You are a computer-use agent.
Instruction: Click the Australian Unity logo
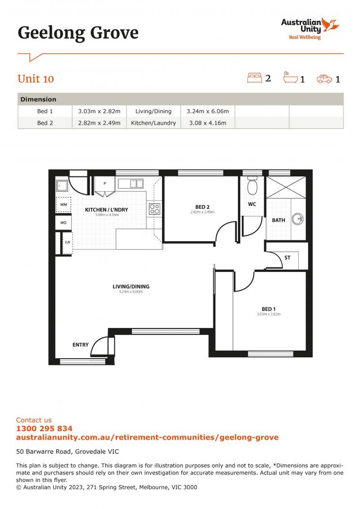pos(310,28)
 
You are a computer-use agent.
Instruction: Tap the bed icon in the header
pos(254,78)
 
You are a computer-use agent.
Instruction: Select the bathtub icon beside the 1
pos(290,78)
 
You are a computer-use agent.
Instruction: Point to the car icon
pos(324,79)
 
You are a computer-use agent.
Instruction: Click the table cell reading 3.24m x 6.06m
pos(207,111)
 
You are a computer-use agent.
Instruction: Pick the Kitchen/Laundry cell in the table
pos(153,123)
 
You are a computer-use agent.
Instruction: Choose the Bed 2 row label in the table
pos(45,123)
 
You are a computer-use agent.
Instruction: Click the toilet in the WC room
pos(252,187)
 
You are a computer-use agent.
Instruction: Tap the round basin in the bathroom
pos(297,219)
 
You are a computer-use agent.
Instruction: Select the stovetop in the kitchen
pos(155,208)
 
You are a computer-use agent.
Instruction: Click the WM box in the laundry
pos(63,205)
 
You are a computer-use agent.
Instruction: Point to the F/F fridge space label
pos(67,243)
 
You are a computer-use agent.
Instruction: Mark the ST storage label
pos(287,258)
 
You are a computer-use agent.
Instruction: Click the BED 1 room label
pos(269,309)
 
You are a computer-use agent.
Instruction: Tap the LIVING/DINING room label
pos(131,287)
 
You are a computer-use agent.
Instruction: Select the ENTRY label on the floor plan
pos(81,345)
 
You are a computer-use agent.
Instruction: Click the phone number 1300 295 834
pos(44,428)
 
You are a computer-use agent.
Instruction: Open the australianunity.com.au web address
pos(147,437)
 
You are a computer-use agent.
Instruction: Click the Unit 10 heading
pos(36,79)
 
